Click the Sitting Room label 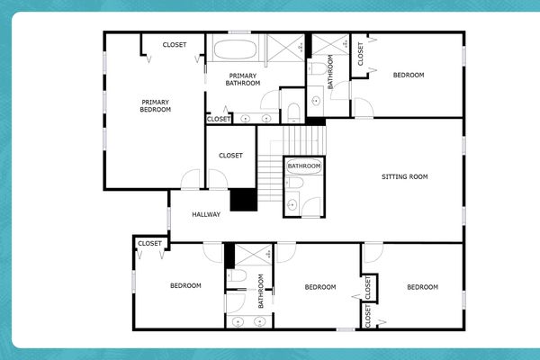tap(404, 176)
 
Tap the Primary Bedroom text tap(156, 106)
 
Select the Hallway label tap(206, 214)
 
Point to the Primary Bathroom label tap(244, 79)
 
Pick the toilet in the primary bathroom tap(293, 112)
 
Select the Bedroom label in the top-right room tap(409, 75)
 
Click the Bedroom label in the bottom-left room tap(185, 285)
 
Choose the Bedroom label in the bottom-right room tap(422, 287)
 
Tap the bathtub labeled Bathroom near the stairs tap(304, 166)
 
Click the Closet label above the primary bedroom tap(175, 45)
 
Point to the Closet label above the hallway tap(231, 156)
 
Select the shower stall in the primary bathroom tap(287, 47)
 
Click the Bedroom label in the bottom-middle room tap(319, 287)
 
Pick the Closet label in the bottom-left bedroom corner tap(149, 244)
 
